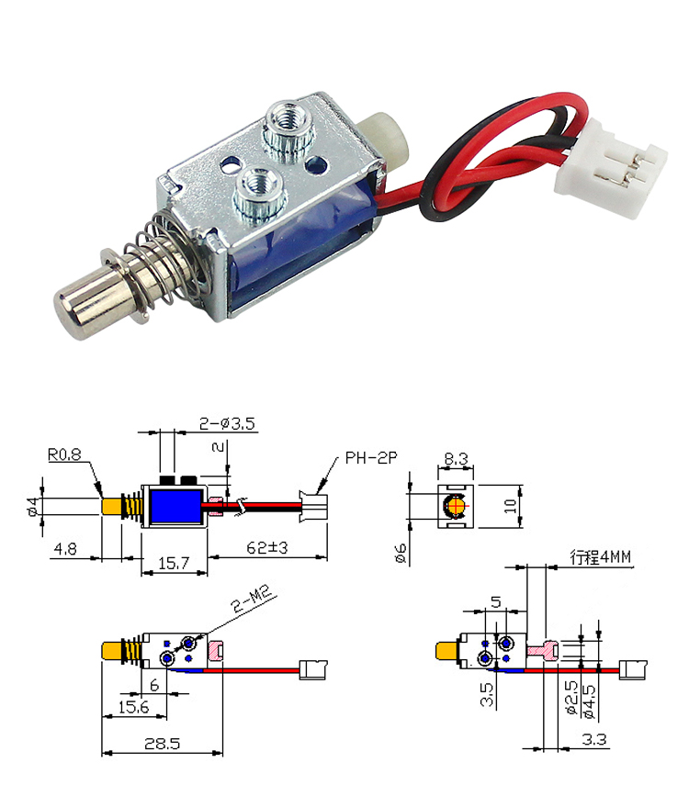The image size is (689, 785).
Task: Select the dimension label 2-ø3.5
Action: (x=227, y=424)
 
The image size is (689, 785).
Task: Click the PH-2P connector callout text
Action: (x=372, y=457)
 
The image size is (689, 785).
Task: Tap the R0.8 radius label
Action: (x=66, y=453)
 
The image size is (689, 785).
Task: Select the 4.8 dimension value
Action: (x=66, y=548)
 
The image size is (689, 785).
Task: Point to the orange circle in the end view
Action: (x=456, y=506)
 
